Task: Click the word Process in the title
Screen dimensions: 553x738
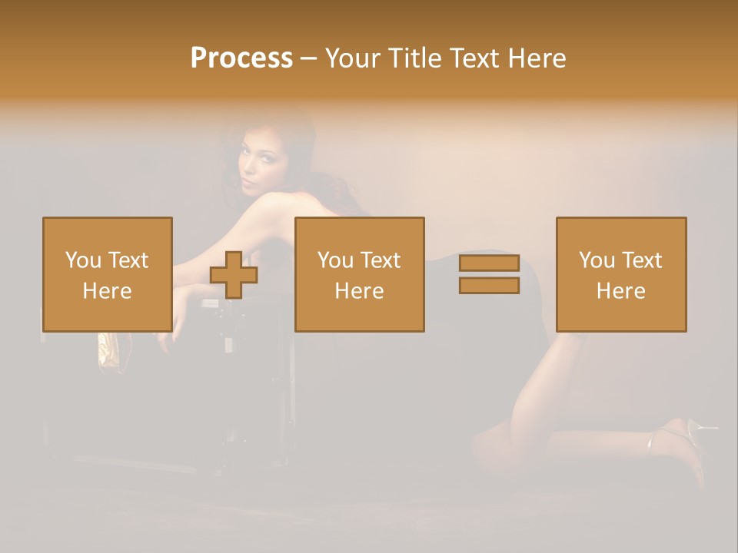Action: pyautogui.click(x=241, y=58)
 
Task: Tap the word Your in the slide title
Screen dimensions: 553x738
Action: pyautogui.click(x=353, y=58)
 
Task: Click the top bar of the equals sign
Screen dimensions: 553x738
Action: pyautogui.click(x=489, y=263)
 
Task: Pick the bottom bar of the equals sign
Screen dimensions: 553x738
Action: pyautogui.click(x=489, y=285)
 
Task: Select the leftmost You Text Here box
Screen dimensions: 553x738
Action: pyautogui.click(x=107, y=274)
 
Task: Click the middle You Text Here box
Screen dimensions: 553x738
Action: pyautogui.click(x=359, y=274)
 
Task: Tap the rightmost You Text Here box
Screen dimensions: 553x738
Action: pyautogui.click(x=620, y=274)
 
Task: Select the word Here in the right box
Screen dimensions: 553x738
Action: pyautogui.click(x=620, y=291)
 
